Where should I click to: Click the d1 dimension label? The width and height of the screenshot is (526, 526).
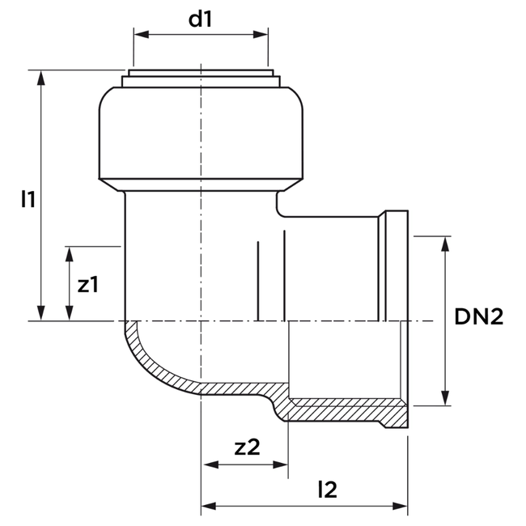coord(200,19)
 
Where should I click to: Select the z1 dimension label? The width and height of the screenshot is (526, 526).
coord(87,284)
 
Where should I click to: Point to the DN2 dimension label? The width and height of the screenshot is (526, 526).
coord(478,318)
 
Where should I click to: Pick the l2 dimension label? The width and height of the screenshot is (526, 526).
coord(327,489)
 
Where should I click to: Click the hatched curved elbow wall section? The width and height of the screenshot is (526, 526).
coord(162,368)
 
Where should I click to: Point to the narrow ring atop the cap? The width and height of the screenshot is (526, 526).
coord(200,79)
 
